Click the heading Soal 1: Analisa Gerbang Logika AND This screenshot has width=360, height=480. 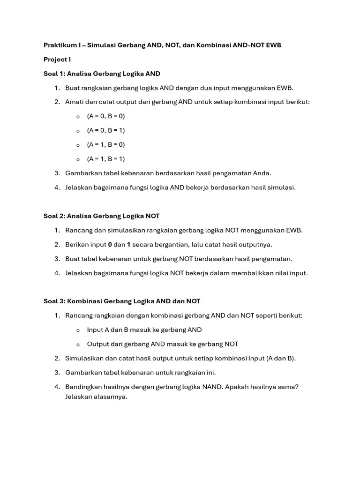pyautogui.click(x=102, y=74)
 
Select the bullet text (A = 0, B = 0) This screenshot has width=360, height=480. pyautogui.click(x=106, y=116)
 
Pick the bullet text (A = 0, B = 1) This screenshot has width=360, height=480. pyautogui.click(x=106, y=130)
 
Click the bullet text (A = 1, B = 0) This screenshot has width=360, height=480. pyautogui.click(x=106, y=144)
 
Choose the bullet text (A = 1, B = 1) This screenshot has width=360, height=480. pyautogui.click(x=106, y=159)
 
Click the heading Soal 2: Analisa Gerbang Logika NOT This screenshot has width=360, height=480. pyautogui.click(x=101, y=216)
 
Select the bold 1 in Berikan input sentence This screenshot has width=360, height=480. pyautogui.click(x=129, y=244)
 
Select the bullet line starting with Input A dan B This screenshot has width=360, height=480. pyautogui.click(x=144, y=330)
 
